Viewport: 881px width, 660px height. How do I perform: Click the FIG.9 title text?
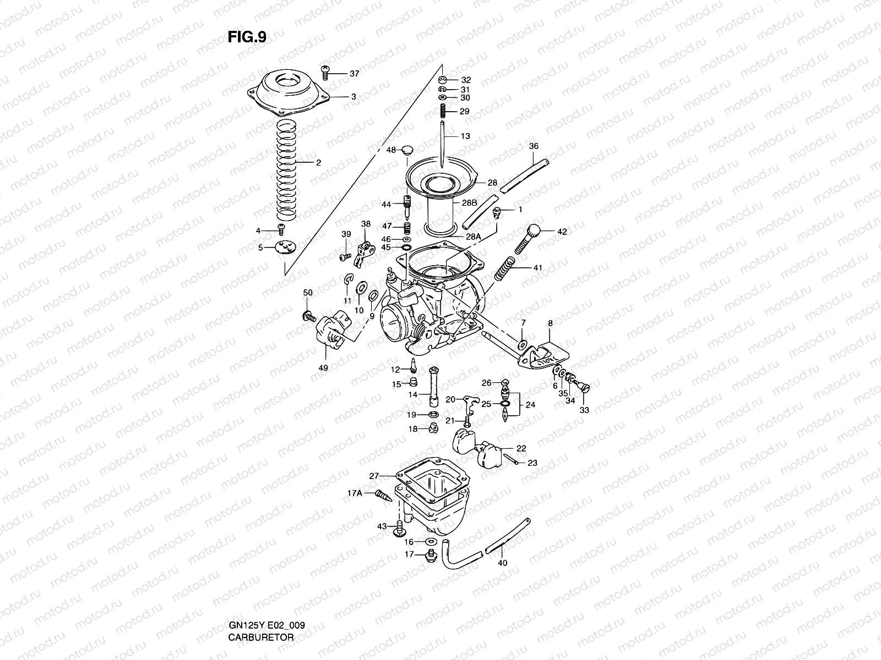point(247,37)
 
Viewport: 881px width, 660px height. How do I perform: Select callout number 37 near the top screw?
point(354,74)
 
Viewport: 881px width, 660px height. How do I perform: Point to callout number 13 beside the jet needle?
point(465,136)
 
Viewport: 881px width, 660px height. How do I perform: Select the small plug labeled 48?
point(407,150)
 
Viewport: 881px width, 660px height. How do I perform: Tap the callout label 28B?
point(469,203)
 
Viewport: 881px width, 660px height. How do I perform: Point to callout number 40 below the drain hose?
point(502,563)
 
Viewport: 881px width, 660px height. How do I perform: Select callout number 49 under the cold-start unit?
point(323,367)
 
